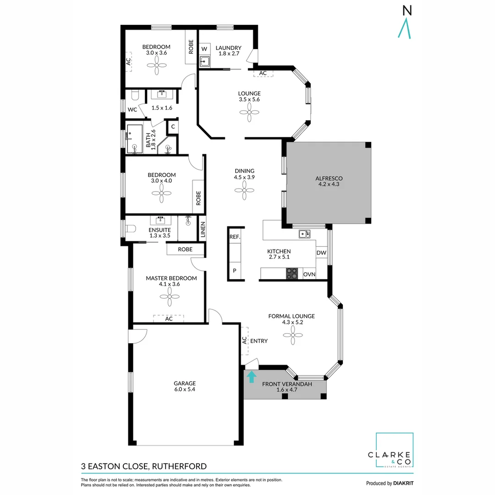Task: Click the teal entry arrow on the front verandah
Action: (x=251, y=377)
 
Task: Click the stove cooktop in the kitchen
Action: (x=292, y=274)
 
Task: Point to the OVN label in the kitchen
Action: (x=309, y=274)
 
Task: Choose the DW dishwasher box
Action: (x=321, y=253)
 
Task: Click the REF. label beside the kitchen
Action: (x=235, y=237)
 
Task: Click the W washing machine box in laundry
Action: (x=204, y=49)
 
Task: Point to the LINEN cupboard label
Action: (x=203, y=230)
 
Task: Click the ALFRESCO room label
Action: (x=329, y=178)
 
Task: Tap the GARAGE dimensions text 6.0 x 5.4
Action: (x=184, y=390)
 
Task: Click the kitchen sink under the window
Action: (x=303, y=235)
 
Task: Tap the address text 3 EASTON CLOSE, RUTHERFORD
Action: (x=143, y=467)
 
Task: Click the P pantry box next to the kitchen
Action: (x=235, y=270)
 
